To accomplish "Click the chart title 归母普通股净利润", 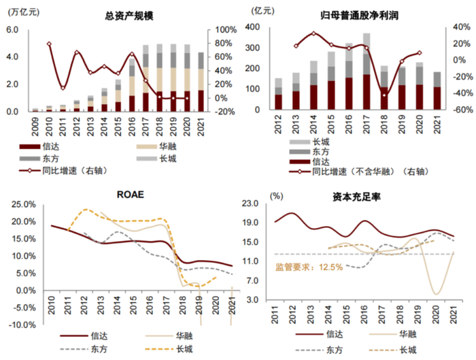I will tap(354, 15).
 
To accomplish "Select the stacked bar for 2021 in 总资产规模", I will tap(201, 82).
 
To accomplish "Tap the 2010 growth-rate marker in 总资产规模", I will tap(49, 44).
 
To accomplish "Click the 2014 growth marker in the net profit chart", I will tap(313, 33).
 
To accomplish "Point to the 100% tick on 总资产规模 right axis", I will tap(226, 30).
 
